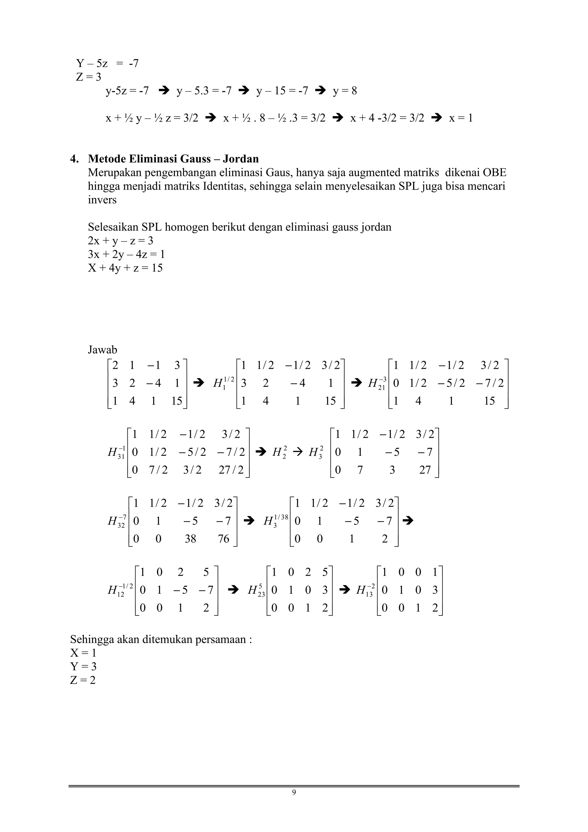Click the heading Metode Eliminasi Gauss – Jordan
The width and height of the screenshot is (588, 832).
tap(173, 159)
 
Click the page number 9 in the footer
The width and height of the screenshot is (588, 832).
tap(294, 792)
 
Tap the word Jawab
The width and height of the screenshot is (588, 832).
tap(102, 350)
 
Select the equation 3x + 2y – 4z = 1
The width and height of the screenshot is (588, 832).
tap(126, 254)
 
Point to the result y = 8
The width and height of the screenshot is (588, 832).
tap(345, 90)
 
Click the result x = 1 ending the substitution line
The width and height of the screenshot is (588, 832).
tap(461, 118)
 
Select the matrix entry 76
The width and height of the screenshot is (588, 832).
tap(224, 539)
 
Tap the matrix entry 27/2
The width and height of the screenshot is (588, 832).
tap(231, 470)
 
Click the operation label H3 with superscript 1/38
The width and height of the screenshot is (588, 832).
tap(275, 521)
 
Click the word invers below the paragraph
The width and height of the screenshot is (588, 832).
tap(102, 200)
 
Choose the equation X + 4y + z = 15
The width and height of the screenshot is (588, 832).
tap(125, 268)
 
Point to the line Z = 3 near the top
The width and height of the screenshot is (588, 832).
tap(88, 77)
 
